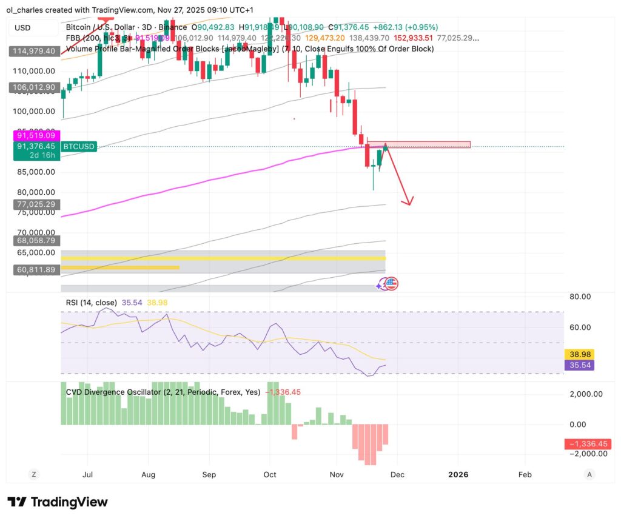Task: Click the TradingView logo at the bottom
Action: (x=58, y=502)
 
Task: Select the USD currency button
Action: (x=22, y=28)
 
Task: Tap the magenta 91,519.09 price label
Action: (x=35, y=136)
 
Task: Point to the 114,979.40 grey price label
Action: (x=35, y=52)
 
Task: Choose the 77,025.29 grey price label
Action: (x=35, y=205)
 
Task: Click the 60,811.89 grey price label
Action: (x=35, y=270)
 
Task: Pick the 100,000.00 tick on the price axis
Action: (x=35, y=112)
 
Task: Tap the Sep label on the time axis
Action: (x=209, y=475)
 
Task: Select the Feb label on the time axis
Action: (x=525, y=475)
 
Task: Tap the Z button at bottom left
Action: (x=34, y=475)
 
